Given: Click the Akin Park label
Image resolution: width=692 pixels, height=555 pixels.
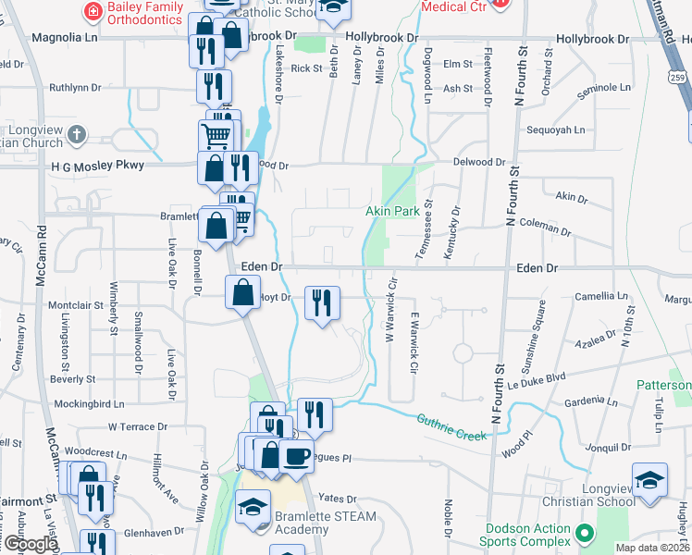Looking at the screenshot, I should [392, 212].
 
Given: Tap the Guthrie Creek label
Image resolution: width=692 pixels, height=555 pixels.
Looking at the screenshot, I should [451, 426].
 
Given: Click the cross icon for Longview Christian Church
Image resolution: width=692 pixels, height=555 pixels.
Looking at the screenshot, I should [76, 135].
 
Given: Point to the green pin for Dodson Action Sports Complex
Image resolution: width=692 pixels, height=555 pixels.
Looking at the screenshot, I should [584, 533].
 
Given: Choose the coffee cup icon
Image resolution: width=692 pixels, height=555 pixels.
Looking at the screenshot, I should [297, 456].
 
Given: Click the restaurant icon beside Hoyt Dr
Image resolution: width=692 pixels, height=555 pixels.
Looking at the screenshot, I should [322, 302].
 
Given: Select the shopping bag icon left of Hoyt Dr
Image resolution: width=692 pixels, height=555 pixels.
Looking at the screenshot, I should [242, 293].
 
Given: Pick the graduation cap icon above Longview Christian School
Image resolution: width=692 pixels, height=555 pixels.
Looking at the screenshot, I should [652, 481].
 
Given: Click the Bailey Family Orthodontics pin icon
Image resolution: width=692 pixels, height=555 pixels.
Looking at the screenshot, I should [93, 11].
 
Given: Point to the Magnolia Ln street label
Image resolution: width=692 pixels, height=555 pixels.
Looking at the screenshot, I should [65, 38].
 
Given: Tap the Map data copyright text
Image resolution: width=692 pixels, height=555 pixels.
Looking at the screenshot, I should [651, 548].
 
